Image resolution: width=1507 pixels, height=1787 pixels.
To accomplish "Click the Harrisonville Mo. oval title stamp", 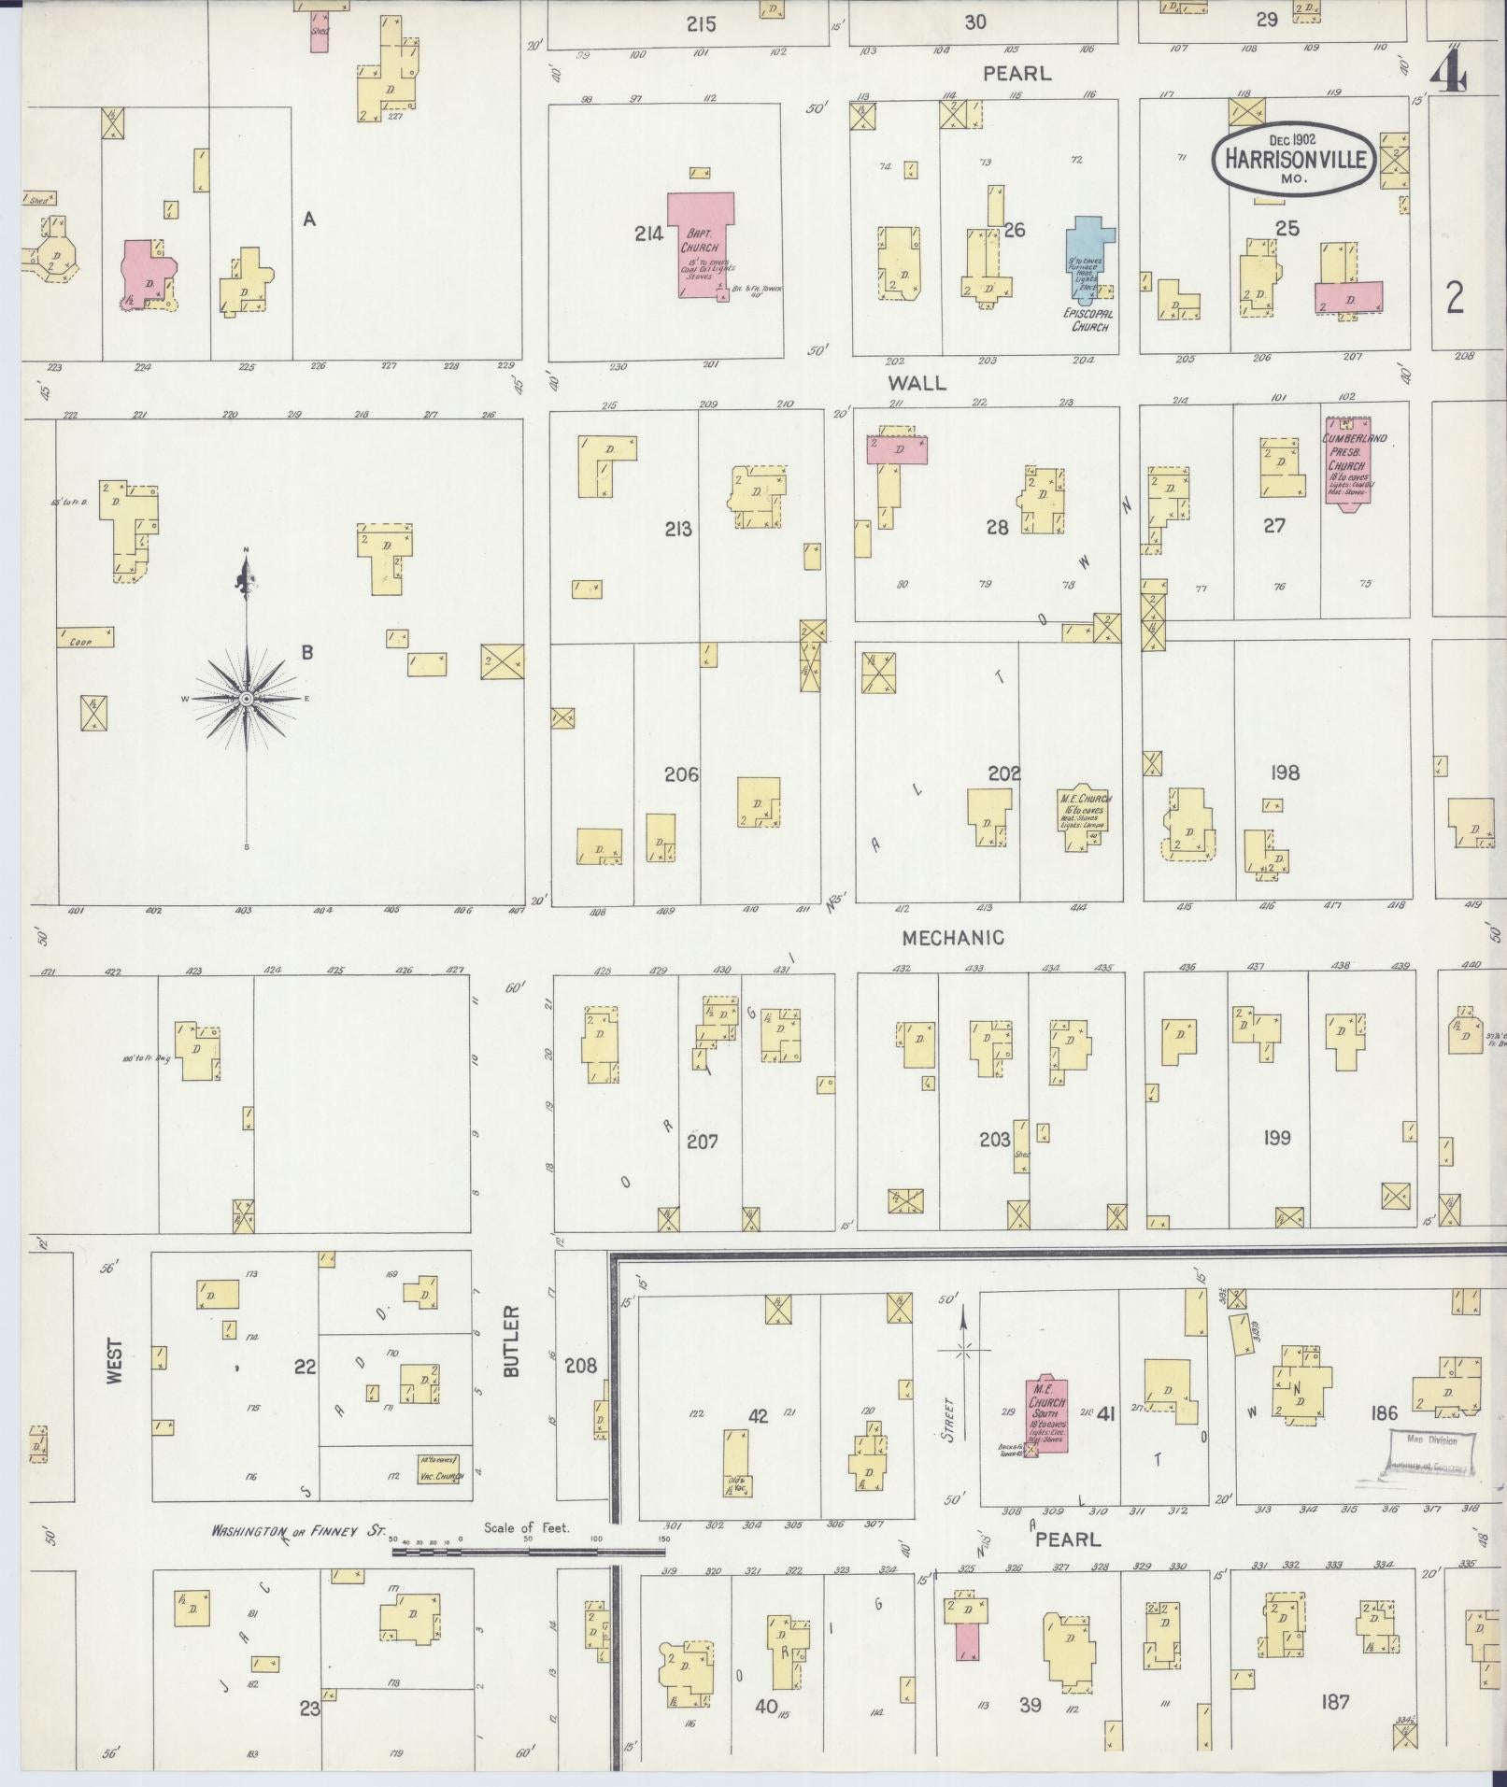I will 1294,160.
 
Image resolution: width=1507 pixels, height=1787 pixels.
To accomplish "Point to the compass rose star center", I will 247,699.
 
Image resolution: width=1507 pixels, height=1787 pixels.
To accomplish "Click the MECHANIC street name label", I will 953,937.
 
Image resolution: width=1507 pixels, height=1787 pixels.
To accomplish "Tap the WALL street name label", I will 917,382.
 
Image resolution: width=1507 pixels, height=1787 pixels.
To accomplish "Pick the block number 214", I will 648,234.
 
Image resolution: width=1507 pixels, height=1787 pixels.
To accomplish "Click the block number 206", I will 681,773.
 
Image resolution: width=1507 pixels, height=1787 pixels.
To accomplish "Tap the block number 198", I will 1285,773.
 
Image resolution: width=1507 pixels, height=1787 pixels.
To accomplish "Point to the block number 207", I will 702,1141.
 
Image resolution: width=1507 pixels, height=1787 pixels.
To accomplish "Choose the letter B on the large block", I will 306,652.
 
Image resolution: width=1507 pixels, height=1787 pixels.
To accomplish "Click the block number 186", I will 1384,1413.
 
